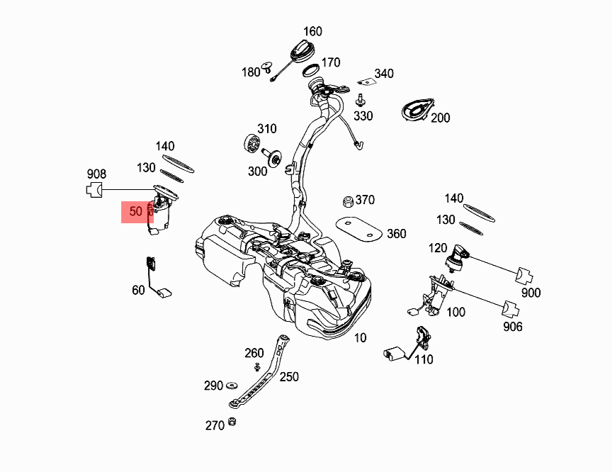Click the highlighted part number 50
136,211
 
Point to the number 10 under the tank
361,338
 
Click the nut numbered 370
348,201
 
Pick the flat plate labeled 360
360,228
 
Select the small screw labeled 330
360,99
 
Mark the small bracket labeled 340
364,81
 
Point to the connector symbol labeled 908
93,189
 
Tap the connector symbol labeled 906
512,309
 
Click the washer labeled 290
231,386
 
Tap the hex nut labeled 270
232,423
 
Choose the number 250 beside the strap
289,377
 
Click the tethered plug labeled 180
268,67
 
